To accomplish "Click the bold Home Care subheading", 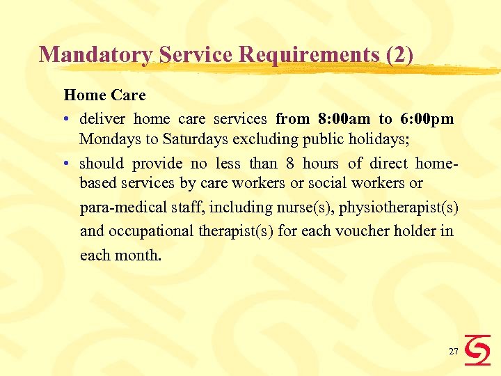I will (x=104, y=94).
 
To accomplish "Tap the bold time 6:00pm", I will (x=427, y=119).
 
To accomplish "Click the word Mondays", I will (x=110, y=139).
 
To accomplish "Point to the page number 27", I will (x=453, y=352).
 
